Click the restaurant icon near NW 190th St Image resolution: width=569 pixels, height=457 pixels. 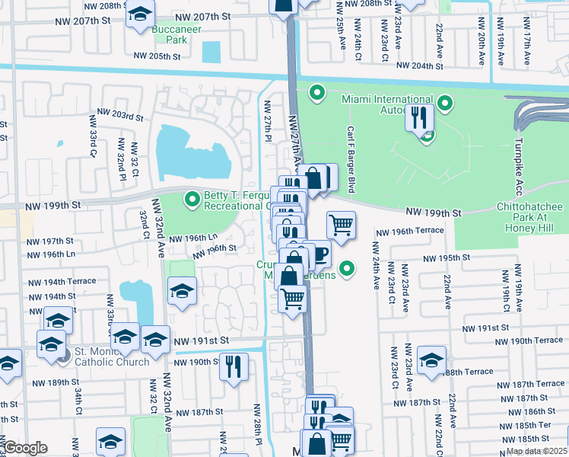click(x=234, y=366)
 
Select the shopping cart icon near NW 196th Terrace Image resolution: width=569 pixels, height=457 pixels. click(x=341, y=225)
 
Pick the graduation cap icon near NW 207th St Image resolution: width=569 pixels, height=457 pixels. click(x=139, y=13)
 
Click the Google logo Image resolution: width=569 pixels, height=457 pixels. click(x=26, y=449)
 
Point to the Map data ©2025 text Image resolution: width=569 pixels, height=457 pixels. click(x=537, y=451)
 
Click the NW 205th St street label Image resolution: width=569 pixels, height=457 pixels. click(x=157, y=56)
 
